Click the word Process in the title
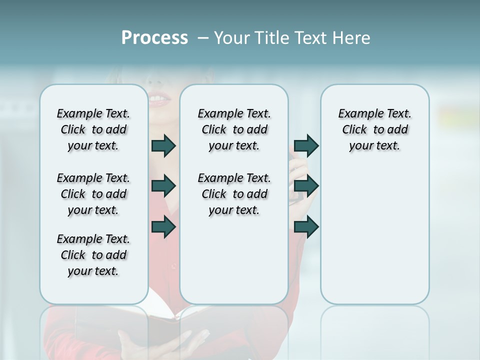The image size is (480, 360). (154, 38)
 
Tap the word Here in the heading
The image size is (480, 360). (351, 38)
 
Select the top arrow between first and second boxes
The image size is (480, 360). (163, 146)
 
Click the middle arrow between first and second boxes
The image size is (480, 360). (163, 186)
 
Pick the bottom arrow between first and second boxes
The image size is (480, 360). (163, 227)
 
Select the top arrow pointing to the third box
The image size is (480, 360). (306, 145)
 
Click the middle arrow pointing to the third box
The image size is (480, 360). (306, 186)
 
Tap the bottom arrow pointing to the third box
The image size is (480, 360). (306, 227)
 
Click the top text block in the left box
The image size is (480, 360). (93, 130)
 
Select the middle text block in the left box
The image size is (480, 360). (93, 194)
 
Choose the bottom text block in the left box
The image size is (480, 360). (93, 255)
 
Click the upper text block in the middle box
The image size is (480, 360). (234, 130)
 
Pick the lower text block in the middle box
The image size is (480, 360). (234, 194)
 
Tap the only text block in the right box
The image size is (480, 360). (374, 130)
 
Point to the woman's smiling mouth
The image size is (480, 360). (159, 99)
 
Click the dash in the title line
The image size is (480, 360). (203, 38)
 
